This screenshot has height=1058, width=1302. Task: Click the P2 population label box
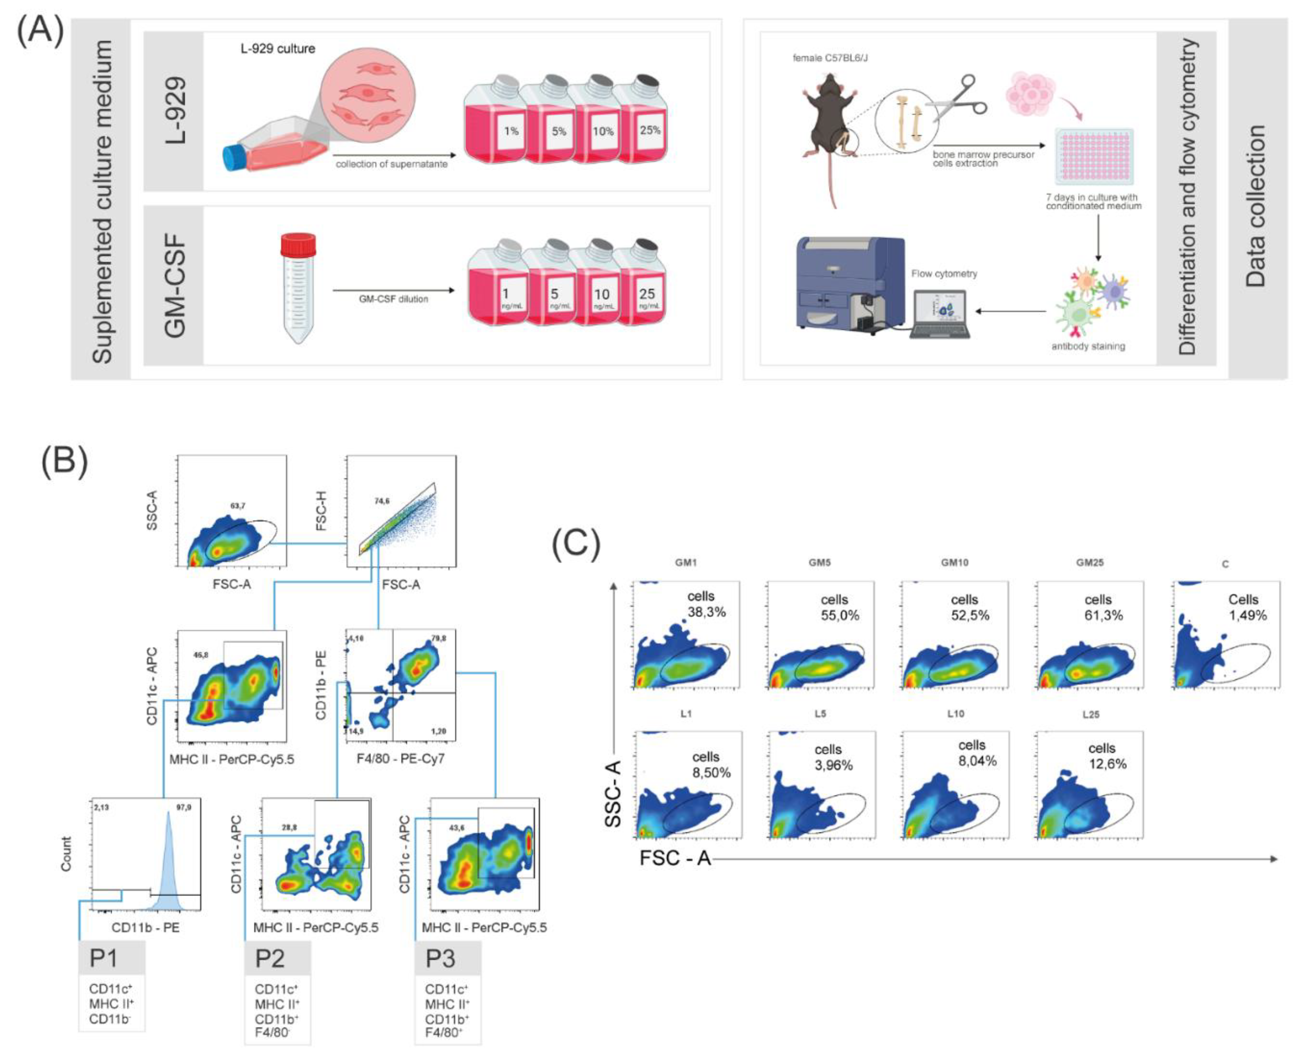pyautogui.click(x=277, y=958)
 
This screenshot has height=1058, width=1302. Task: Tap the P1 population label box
pyautogui.click(x=112, y=958)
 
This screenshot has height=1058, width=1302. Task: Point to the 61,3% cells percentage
pyautogui.click(x=1103, y=615)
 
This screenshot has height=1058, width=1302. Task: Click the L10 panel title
pyautogui.click(x=955, y=714)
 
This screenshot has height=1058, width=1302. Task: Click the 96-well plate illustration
pyautogui.click(x=1094, y=157)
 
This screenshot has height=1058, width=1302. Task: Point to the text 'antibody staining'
pyautogui.click(x=1088, y=346)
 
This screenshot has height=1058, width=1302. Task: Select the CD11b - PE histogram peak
pyautogui.click(x=168, y=853)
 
